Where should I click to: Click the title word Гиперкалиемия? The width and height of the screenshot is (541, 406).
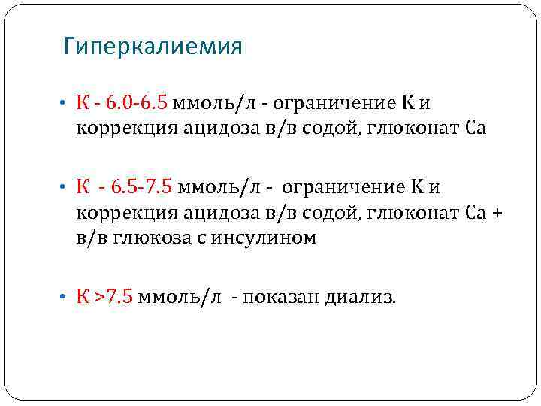click(153, 47)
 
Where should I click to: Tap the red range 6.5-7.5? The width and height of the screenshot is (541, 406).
click(141, 186)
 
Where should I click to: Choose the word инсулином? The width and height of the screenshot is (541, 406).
click(268, 239)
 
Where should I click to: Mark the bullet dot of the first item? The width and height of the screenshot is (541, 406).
click(66, 104)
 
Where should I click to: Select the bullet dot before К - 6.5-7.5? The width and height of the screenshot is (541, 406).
click(66, 186)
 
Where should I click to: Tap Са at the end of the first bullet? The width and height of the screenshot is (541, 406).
click(476, 129)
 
